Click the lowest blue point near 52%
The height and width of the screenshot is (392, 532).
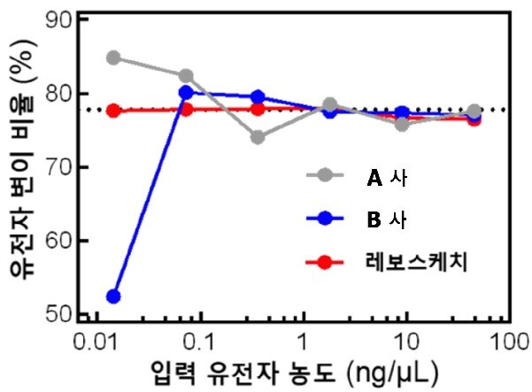tap(112, 296)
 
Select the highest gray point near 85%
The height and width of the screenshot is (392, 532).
tap(112, 58)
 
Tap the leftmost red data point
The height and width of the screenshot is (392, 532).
tap(112, 111)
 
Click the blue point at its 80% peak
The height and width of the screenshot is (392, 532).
tap(186, 92)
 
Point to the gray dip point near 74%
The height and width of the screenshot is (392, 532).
tap(257, 137)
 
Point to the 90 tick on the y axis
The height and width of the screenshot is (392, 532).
tap(59, 20)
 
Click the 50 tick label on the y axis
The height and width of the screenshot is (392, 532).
tap(59, 314)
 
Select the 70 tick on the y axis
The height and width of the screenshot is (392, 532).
tap(59, 167)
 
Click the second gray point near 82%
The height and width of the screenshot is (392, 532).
tap(186, 76)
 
